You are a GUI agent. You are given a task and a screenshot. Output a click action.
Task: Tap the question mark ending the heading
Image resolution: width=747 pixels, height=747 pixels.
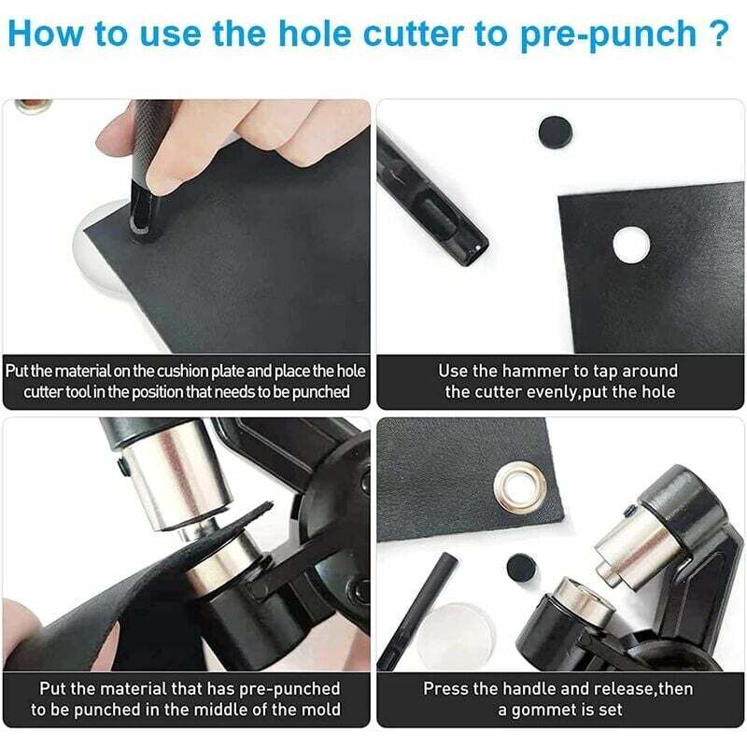click(x=718, y=34)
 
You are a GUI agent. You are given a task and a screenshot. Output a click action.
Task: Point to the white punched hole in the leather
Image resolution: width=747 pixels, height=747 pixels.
click(x=631, y=245)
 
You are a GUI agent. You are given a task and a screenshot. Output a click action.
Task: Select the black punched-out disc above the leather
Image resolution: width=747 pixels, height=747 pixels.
click(x=555, y=131)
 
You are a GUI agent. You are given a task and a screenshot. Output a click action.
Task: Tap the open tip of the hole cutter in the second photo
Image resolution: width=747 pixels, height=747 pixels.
click(x=474, y=249)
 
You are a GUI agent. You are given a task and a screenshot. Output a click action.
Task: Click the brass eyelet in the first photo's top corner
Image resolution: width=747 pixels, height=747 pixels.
click(x=33, y=106)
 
